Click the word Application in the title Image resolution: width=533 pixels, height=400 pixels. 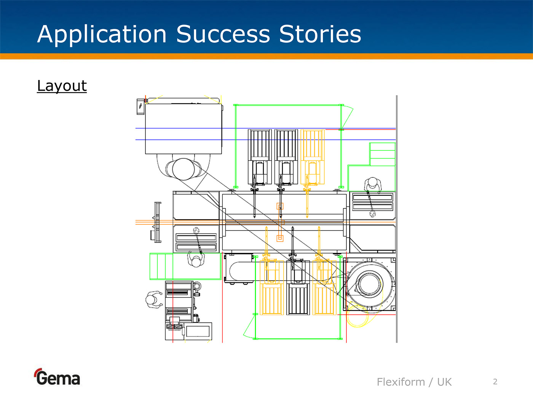point(102,35)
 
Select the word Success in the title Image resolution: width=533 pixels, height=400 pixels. point(223,34)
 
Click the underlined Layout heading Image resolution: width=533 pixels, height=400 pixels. point(62,86)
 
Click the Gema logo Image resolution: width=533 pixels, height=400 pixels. point(57,378)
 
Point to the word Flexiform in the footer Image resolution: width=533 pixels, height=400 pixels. point(401,382)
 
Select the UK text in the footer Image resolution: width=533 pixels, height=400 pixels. point(444,382)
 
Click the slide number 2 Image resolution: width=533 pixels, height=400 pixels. point(495,382)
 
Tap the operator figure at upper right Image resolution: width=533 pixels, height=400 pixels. point(372,185)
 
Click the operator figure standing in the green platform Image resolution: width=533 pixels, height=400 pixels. point(196,260)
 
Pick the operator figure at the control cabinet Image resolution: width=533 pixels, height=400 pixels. point(153,300)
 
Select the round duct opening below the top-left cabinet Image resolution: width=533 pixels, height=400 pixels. point(184,169)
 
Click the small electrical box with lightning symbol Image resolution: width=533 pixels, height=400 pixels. point(140,106)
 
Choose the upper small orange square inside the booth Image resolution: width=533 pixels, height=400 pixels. point(280,206)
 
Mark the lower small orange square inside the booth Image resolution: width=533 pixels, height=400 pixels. point(280,238)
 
